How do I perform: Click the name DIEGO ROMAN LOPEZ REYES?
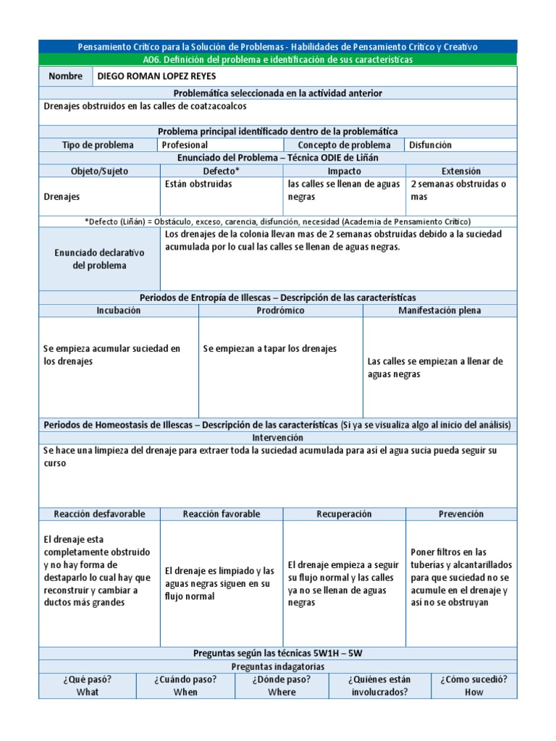tap(156, 77)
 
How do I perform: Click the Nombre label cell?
tap(66, 77)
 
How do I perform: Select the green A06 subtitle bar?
tap(278, 60)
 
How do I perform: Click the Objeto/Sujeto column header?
tap(99, 172)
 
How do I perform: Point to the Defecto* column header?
tap(222, 172)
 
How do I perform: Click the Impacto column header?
tap(344, 172)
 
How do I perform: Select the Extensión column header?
tap(461, 172)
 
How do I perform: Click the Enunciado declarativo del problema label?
tap(99, 259)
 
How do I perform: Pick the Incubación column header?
tap(119, 310)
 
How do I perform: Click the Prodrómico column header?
tap(280, 310)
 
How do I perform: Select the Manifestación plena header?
tap(439, 310)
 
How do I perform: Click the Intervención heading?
tap(278, 438)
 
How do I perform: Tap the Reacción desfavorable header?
tap(99, 514)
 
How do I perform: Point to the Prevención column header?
tap(461, 514)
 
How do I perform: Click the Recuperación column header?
tap(344, 514)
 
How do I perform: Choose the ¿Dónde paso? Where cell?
tap(282, 685)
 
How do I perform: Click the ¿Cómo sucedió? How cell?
tap(474, 685)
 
